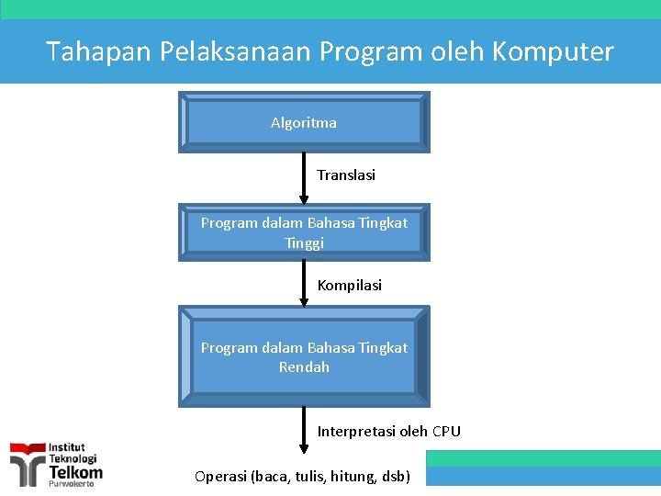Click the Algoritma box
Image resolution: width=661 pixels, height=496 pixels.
pyautogui.click(x=304, y=122)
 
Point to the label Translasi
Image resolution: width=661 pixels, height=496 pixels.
pyautogui.click(x=346, y=175)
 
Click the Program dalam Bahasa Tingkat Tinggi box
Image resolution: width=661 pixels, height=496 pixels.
pyautogui.click(x=304, y=232)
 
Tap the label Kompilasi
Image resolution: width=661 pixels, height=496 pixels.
pyautogui.click(x=349, y=285)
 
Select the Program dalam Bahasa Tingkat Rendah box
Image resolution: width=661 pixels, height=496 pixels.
pyautogui.click(x=304, y=356)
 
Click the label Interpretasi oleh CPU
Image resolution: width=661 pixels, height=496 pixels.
pyautogui.click(x=388, y=431)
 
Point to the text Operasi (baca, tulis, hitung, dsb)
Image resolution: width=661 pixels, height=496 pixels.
pyautogui.click(x=303, y=476)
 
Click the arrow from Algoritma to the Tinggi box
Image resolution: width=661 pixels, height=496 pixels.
pyautogui.click(x=304, y=176)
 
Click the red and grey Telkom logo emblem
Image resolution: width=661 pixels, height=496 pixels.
pyautogui.click(x=27, y=465)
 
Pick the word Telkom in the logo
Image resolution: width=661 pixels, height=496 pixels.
pyautogui.click(x=75, y=471)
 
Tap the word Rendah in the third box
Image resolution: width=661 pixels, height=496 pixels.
pyautogui.click(x=304, y=366)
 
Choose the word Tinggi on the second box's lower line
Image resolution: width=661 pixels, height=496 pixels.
pyautogui.click(x=304, y=242)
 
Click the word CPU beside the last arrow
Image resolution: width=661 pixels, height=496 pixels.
pyautogui.click(x=446, y=431)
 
